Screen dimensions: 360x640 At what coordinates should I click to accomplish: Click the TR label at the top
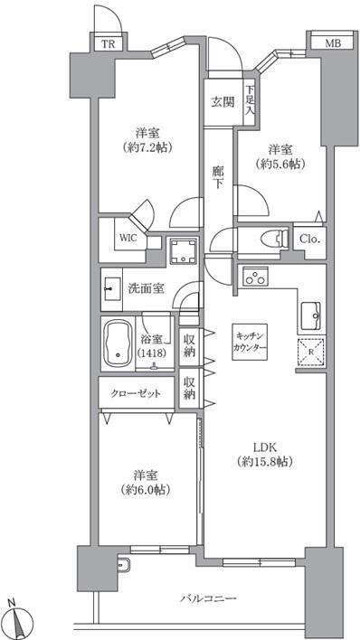109,44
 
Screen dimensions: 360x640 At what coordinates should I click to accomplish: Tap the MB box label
332,43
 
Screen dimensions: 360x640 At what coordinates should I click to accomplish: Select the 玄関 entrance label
223,102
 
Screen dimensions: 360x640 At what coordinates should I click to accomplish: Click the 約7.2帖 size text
147,147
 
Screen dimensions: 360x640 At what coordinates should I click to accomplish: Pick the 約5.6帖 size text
280,164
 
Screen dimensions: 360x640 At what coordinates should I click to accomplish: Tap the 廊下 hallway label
219,177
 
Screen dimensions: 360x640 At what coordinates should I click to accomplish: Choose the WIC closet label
128,238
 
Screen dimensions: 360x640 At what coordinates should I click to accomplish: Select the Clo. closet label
309,240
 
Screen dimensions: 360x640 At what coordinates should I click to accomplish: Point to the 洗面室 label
146,288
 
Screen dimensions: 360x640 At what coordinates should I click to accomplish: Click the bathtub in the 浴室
118,343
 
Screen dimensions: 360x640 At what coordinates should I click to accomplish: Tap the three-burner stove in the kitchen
255,278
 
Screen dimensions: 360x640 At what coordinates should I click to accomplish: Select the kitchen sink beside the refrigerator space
311,315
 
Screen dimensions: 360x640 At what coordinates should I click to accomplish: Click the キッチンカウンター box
250,342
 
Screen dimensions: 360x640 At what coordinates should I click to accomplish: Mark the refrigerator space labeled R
310,352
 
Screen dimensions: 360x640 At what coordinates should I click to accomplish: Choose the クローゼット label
136,393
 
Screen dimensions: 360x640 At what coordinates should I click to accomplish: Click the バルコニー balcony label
208,599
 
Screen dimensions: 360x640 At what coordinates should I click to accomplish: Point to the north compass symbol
19,618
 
